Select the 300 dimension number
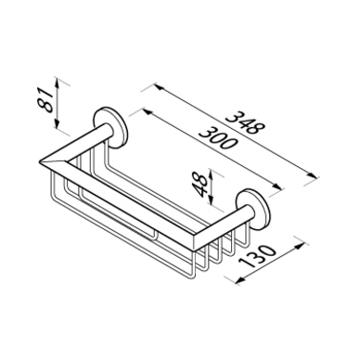point(218,138)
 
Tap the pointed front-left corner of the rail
point(41,161)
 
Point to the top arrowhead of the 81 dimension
point(57,81)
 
